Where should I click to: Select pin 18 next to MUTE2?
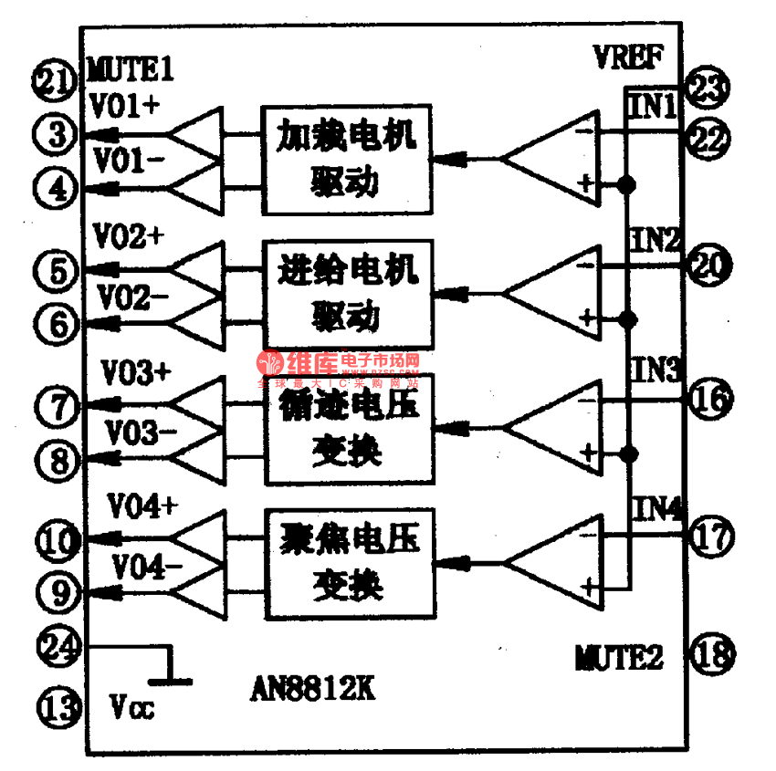click(708, 653)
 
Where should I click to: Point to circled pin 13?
click(57, 704)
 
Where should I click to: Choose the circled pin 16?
click(708, 399)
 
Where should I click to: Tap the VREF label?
click(624, 58)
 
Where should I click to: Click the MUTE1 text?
click(131, 68)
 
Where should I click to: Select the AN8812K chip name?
click(312, 689)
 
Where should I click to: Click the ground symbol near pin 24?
click(170, 675)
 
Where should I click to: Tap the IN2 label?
click(655, 241)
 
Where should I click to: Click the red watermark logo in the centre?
click(273, 364)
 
